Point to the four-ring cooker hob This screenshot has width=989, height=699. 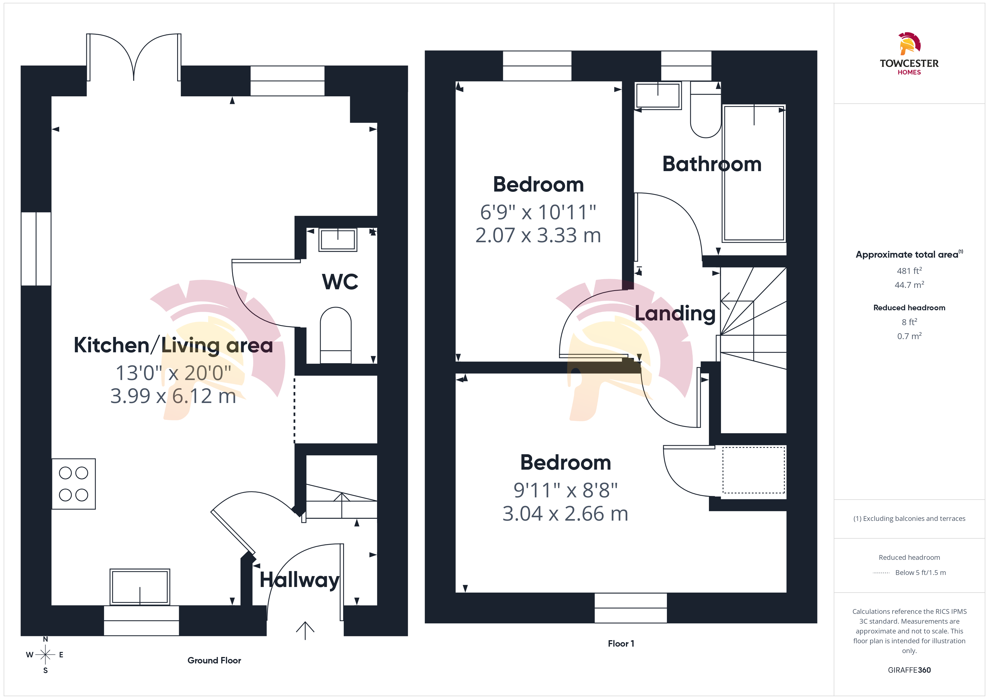(x=74, y=484)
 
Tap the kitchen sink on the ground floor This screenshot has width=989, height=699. (x=140, y=587)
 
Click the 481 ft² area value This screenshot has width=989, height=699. (x=909, y=271)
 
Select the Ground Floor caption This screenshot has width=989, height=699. (x=214, y=660)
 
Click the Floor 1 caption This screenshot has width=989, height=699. (x=621, y=644)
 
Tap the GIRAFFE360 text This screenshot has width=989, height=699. (x=909, y=670)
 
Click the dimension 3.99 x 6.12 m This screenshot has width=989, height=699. (x=173, y=396)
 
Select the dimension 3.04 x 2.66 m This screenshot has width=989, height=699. (x=565, y=514)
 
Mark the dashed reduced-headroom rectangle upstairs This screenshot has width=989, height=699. (x=753, y=470)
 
